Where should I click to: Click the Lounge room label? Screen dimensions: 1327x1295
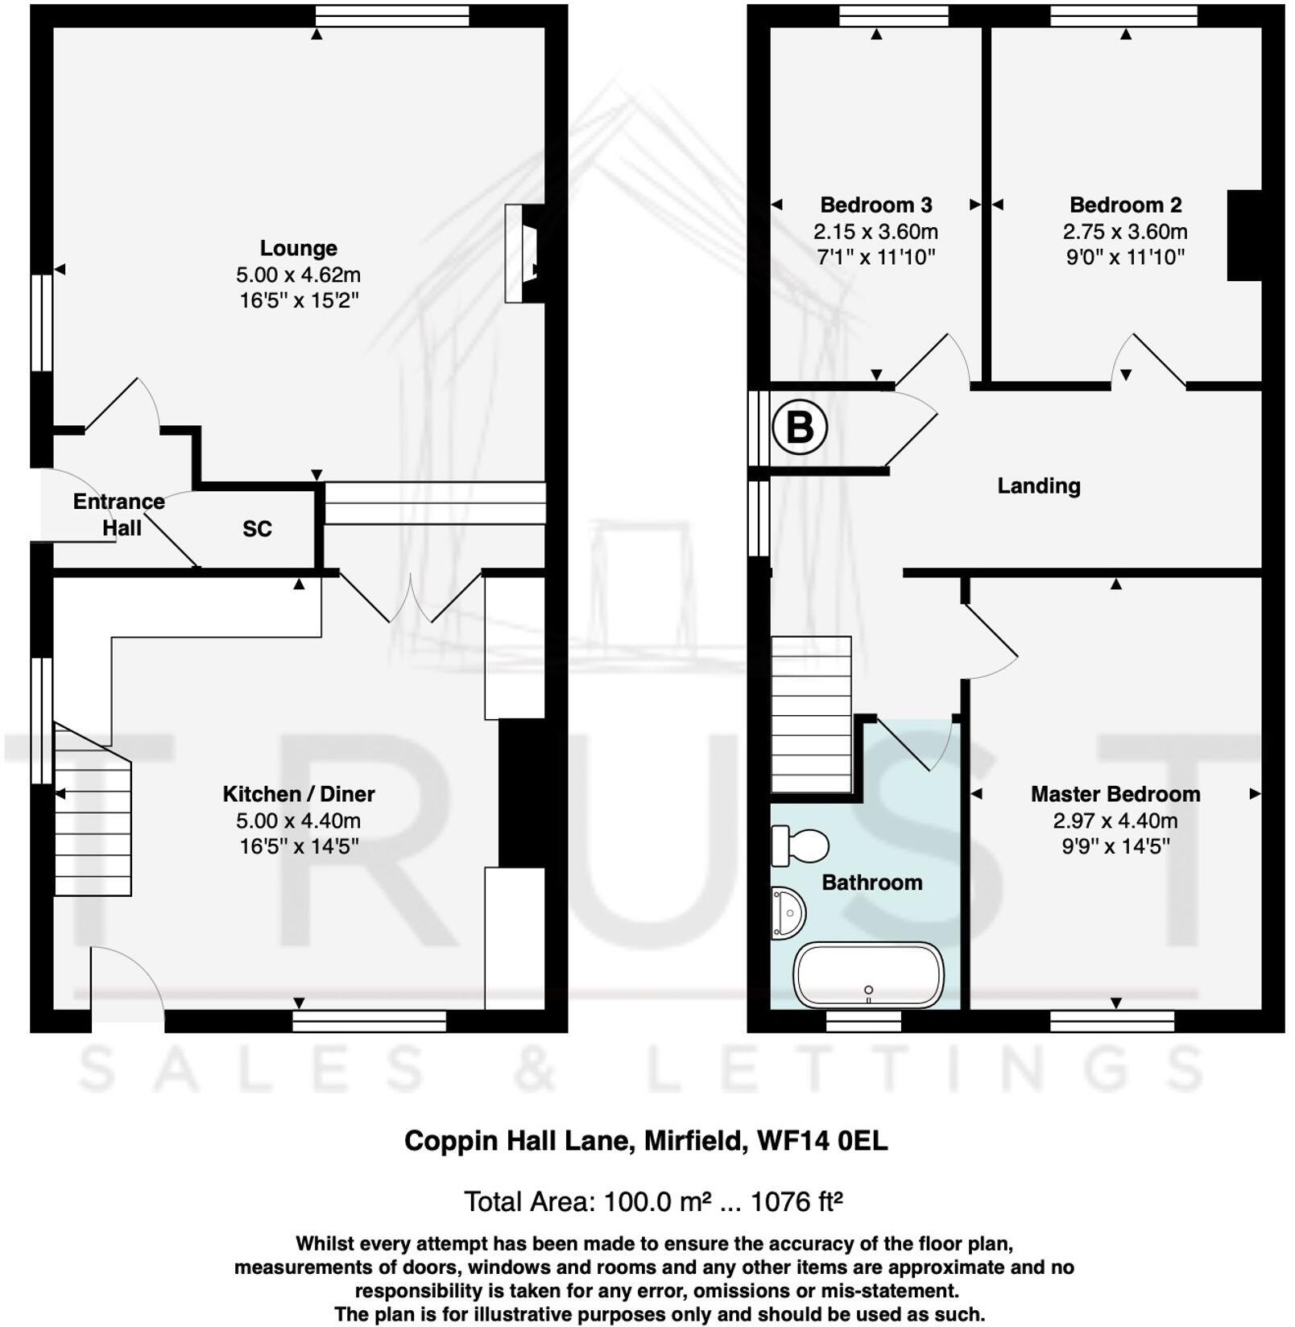(298, 248)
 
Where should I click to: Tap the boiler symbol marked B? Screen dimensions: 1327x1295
(799, 428)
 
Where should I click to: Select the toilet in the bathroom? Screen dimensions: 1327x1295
(800, 845)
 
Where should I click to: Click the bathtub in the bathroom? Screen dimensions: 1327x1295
(868, 974)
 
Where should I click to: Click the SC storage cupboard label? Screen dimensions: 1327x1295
(257, 529)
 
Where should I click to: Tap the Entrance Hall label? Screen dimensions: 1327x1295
(119, 515)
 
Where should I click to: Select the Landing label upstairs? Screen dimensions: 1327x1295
(1038, 486)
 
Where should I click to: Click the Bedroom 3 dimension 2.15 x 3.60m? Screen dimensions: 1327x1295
(875, 232)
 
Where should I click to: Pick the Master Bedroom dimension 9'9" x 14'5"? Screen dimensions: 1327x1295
(1115, 846)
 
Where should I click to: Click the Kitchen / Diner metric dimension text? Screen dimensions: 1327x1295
(298, 821)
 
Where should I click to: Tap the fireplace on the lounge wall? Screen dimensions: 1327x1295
(523, 254)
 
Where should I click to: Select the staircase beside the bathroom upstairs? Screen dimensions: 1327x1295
(811, 715)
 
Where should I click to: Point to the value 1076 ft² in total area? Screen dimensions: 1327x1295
(796, 1202)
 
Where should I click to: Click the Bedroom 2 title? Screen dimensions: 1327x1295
(1125, 205)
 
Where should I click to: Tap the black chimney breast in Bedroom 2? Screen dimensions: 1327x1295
(1243, 235)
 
